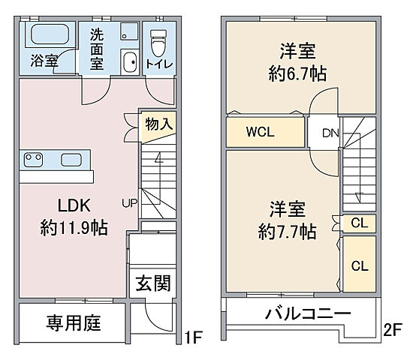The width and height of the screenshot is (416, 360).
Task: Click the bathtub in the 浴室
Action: point(50,34)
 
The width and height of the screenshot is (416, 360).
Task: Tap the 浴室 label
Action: point(44,60)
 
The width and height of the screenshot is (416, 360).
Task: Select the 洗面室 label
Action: point(98,49)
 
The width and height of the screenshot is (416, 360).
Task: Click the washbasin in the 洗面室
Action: point(128,62)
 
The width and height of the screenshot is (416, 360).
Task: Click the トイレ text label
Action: point(158,64)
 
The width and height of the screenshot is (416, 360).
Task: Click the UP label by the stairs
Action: point(130,202)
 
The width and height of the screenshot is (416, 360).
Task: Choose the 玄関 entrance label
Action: point(152,283)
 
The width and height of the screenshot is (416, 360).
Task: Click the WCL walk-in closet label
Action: point(261,133)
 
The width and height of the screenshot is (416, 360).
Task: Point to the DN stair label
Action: point(330,134)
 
